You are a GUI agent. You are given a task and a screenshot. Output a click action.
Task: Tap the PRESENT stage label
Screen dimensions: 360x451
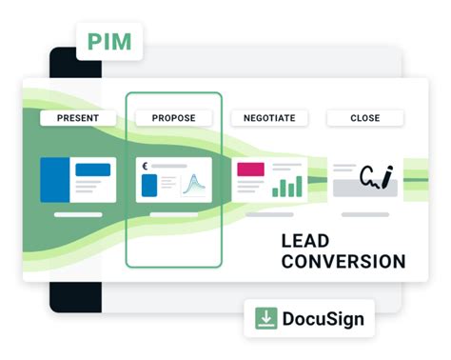(77, 118)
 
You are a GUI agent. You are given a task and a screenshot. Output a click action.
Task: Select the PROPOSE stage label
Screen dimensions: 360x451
(173, 118)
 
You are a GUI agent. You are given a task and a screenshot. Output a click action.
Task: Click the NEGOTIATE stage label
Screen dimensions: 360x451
(269, 118)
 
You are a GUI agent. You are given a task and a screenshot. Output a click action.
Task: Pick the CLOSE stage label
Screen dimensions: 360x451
(364, 118)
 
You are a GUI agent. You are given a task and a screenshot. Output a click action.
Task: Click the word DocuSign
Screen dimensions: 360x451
(323, 319)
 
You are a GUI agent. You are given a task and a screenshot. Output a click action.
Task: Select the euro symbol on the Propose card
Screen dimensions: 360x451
(145, 166)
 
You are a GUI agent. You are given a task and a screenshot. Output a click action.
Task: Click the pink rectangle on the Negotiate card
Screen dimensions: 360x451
(250, 170)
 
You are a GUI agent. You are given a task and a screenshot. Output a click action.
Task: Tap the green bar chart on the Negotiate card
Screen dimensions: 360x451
(286, 185)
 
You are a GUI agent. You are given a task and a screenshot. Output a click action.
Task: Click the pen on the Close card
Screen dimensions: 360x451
(389, 175)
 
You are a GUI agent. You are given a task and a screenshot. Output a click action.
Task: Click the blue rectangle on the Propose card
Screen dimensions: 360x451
(149, 185)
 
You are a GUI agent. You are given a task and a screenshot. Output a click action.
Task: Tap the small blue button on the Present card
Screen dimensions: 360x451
(92, 170)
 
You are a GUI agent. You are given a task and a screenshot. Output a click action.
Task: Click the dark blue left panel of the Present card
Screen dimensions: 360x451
(54, 180)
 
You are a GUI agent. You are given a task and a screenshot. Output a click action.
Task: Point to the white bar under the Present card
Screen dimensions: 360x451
(78, 214)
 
